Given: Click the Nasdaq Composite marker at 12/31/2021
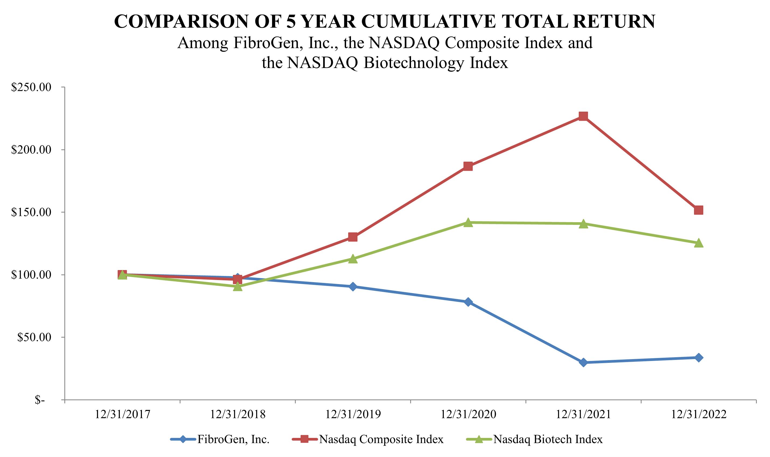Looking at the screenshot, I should click(583, 116).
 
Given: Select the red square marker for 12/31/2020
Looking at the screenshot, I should click(468, 166).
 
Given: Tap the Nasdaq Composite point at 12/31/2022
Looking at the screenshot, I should click(698, 210).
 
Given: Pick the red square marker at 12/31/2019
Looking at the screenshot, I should click(353, 237).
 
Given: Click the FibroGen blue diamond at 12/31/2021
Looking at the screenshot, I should click(583, 363).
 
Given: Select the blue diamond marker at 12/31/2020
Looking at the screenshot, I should click(468, 302).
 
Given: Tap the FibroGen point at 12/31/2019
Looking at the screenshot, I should click(353, 287).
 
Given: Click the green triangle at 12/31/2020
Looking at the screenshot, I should click(468, 222).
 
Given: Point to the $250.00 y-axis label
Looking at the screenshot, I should click(31, 87).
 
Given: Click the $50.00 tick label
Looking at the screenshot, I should click(34, 337).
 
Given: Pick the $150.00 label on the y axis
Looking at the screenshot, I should click(31, 212).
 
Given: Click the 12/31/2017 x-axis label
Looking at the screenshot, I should click(122, 415).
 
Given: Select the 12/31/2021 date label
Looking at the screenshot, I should click(583, 415).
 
